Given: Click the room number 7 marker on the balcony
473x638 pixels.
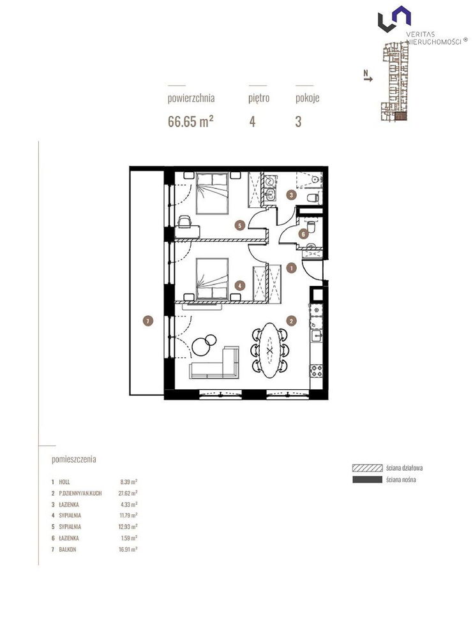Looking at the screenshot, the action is tap(148, 321).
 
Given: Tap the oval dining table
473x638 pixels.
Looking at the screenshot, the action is tap(269, 350).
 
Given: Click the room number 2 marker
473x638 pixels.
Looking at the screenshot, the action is tap(291, 321).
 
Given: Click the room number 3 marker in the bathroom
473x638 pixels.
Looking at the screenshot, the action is tap(291, 195).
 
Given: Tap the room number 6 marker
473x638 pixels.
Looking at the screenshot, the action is tap(303, 234).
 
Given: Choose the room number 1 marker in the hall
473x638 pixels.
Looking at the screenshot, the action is tap(291, 268).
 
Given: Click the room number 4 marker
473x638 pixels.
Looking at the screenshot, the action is tap(240, 286).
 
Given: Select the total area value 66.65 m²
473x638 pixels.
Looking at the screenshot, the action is tap(191, 121).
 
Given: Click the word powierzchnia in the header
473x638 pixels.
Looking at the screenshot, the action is tap(191, 98).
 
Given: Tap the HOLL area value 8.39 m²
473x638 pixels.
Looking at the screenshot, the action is tap(129, 482).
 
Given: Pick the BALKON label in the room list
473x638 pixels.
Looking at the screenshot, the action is tap(68, 549).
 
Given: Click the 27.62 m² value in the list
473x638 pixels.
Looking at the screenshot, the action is tap(128, 493).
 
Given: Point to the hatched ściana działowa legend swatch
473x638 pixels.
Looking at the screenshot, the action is tap(368, 468).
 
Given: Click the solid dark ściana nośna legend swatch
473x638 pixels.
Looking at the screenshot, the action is tap(368, 480).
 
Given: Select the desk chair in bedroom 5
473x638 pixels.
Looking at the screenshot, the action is tap(184, 221).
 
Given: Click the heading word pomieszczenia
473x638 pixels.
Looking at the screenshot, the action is tap(74, 459).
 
